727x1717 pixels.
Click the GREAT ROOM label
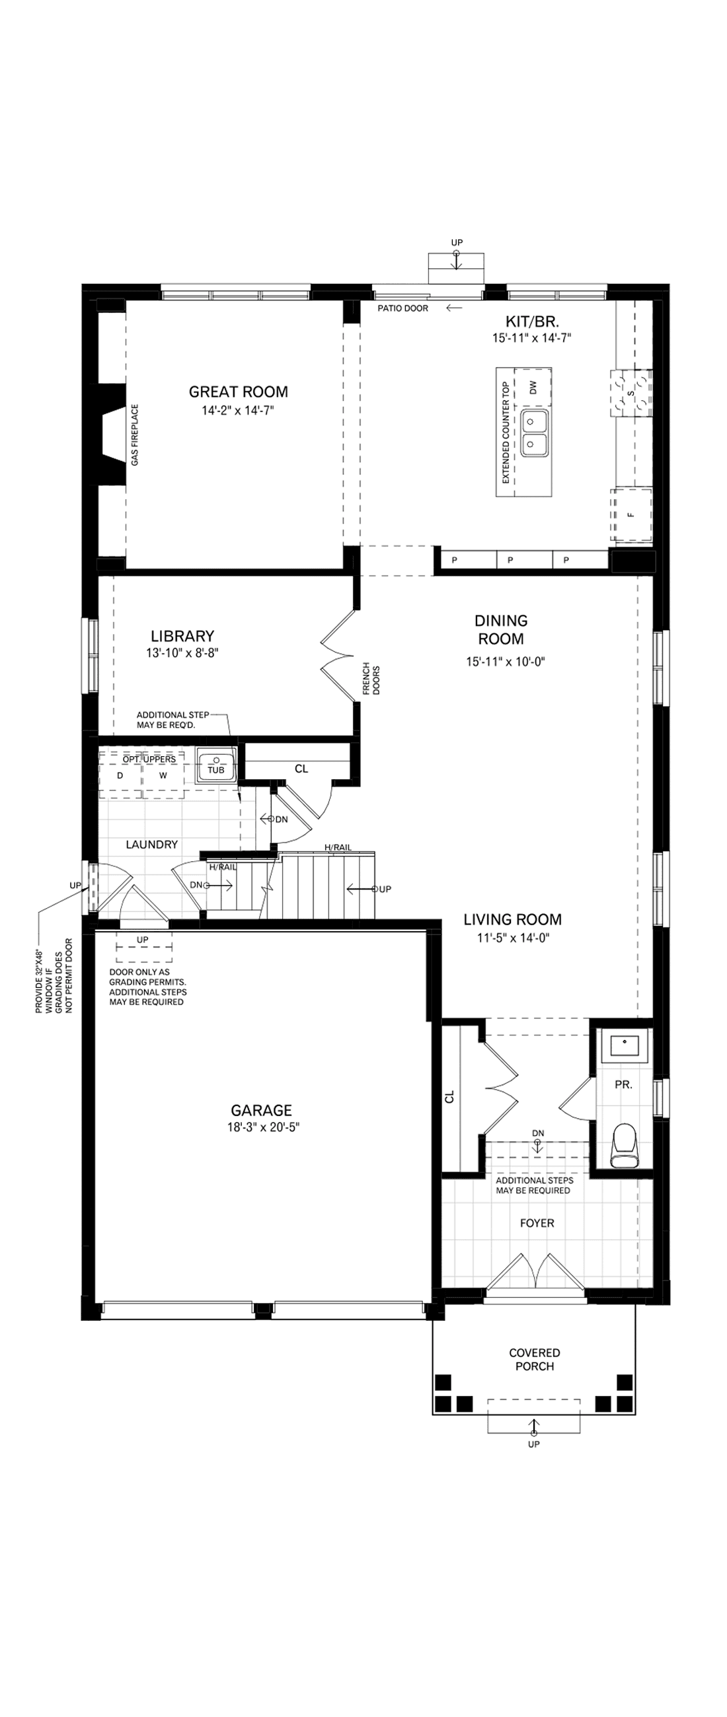coord(238,392)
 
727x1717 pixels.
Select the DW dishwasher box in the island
coord(532,386)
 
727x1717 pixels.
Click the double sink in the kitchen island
coord(535,433)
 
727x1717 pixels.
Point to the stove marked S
coord(631,392)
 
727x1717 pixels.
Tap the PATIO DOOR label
coord(403,308)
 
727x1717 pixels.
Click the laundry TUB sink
coord(215,764)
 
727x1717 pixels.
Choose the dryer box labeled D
coord(120,776)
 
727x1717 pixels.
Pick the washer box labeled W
coord(163,776)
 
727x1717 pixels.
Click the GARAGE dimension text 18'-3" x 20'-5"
coord(262,1127)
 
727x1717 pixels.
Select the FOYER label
coord(537,1223)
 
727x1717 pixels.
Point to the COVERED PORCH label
coord(534,1359)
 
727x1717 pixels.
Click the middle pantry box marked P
coord(510,560)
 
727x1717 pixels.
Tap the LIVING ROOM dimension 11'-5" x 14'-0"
coord(512,938)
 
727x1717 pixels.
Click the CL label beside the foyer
coord(449,1096)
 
